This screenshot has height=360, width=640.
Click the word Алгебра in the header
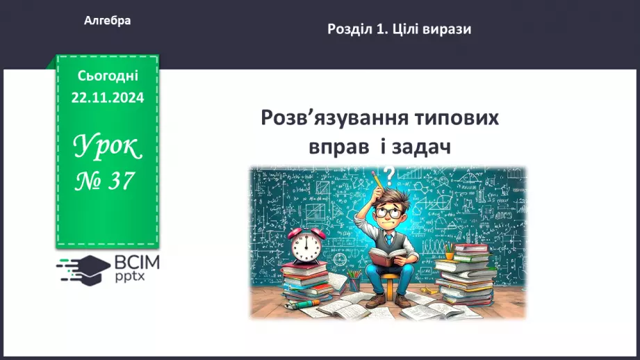pyautogui.click(x=107, y=21)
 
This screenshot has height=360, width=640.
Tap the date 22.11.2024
pyautogui.click(x=107, y=98)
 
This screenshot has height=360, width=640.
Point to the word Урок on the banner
pyautogui.click(x=107, y=147)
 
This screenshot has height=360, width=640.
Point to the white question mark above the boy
pyautogui.click(x=389, y=174)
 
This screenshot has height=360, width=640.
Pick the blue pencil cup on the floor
pyautogui.click(x=354, y=283)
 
